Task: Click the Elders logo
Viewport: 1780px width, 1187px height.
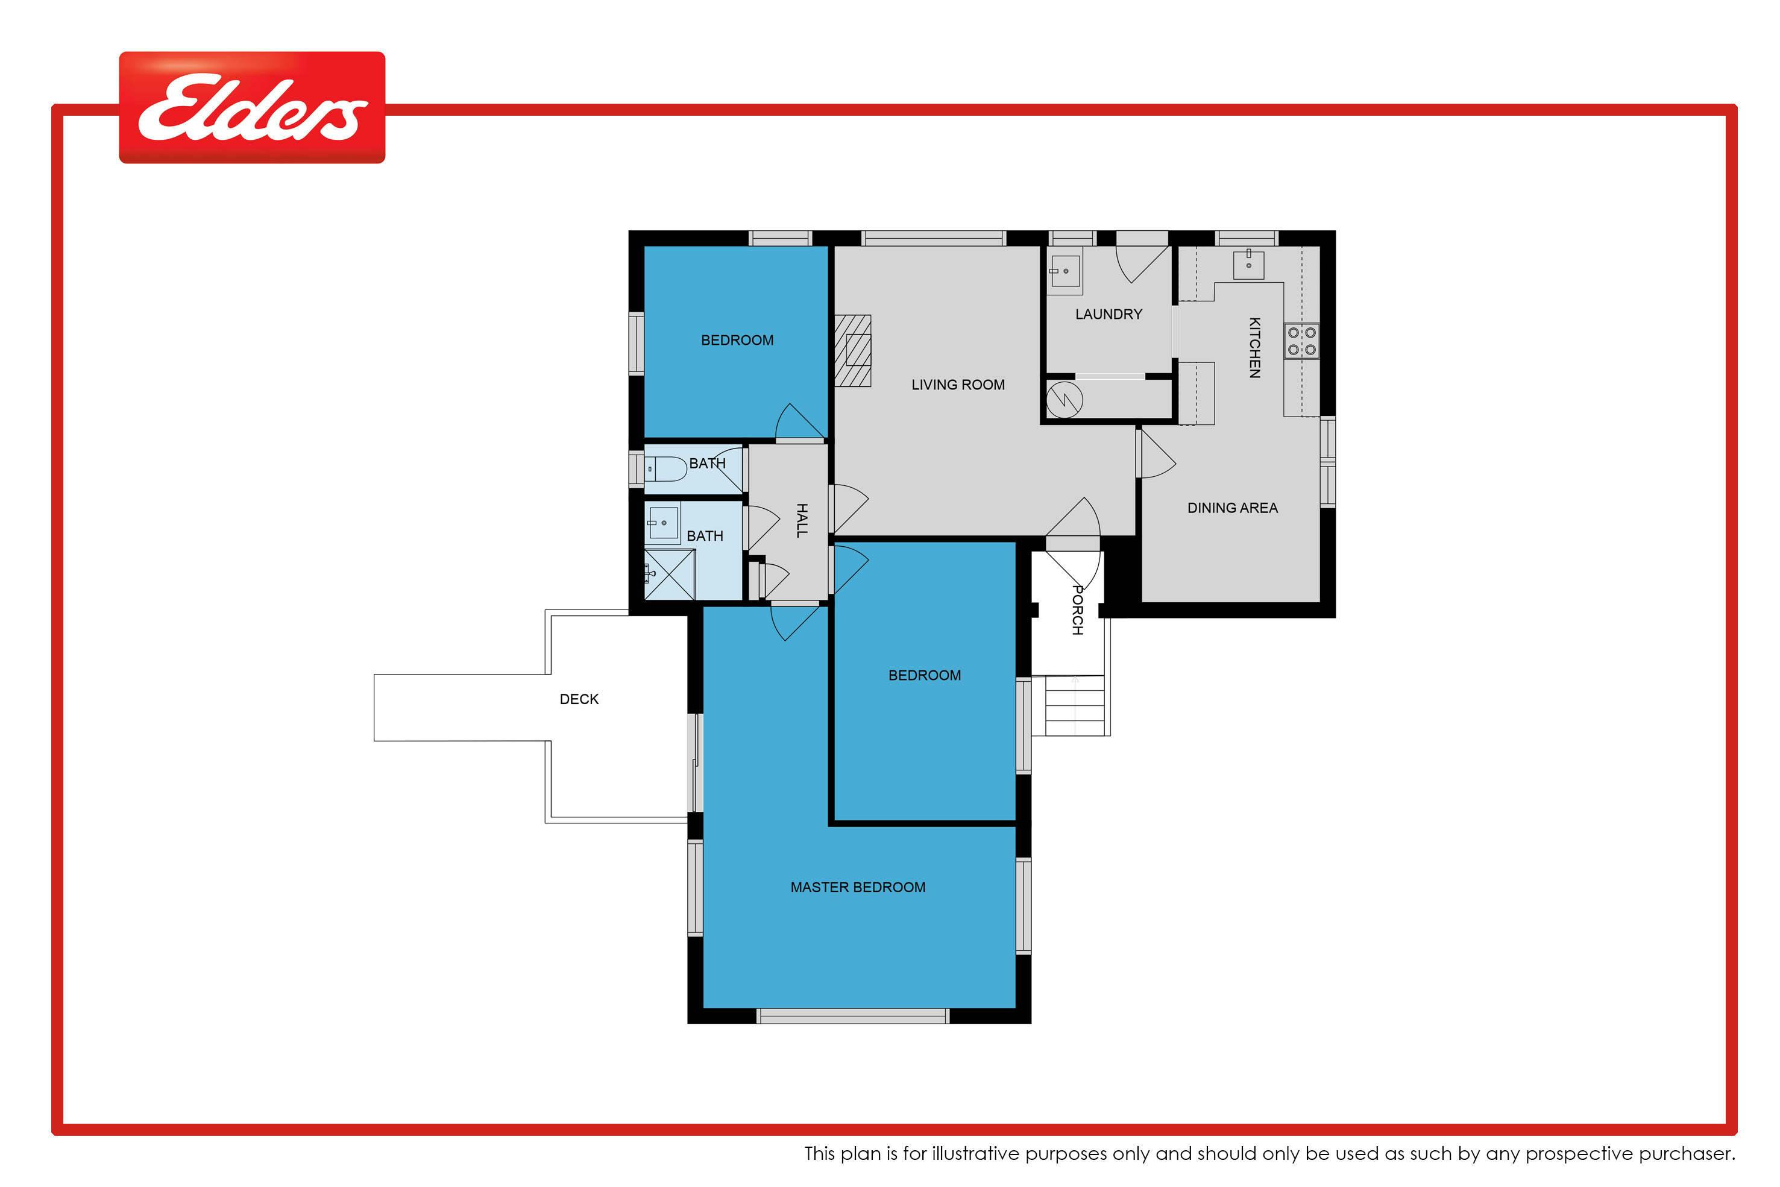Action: (252, 107)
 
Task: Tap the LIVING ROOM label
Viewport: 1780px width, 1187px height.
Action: (958, 385)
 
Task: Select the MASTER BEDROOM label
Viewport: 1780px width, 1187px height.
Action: (858, 887)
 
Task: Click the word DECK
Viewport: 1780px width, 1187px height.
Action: (579, 699)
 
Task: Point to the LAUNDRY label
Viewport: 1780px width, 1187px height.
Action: (1109, 314)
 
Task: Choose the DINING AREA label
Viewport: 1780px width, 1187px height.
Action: (1232, 508)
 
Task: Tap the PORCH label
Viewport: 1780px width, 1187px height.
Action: (1078, 610)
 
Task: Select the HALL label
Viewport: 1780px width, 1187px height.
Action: (802, 521)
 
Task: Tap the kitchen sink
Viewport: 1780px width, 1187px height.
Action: (1249, 264)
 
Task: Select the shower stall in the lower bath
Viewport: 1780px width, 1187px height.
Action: (669, 575)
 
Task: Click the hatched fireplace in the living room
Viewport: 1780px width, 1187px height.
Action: (852, 350)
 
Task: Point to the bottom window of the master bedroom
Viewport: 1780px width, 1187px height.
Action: (853, 1016)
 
